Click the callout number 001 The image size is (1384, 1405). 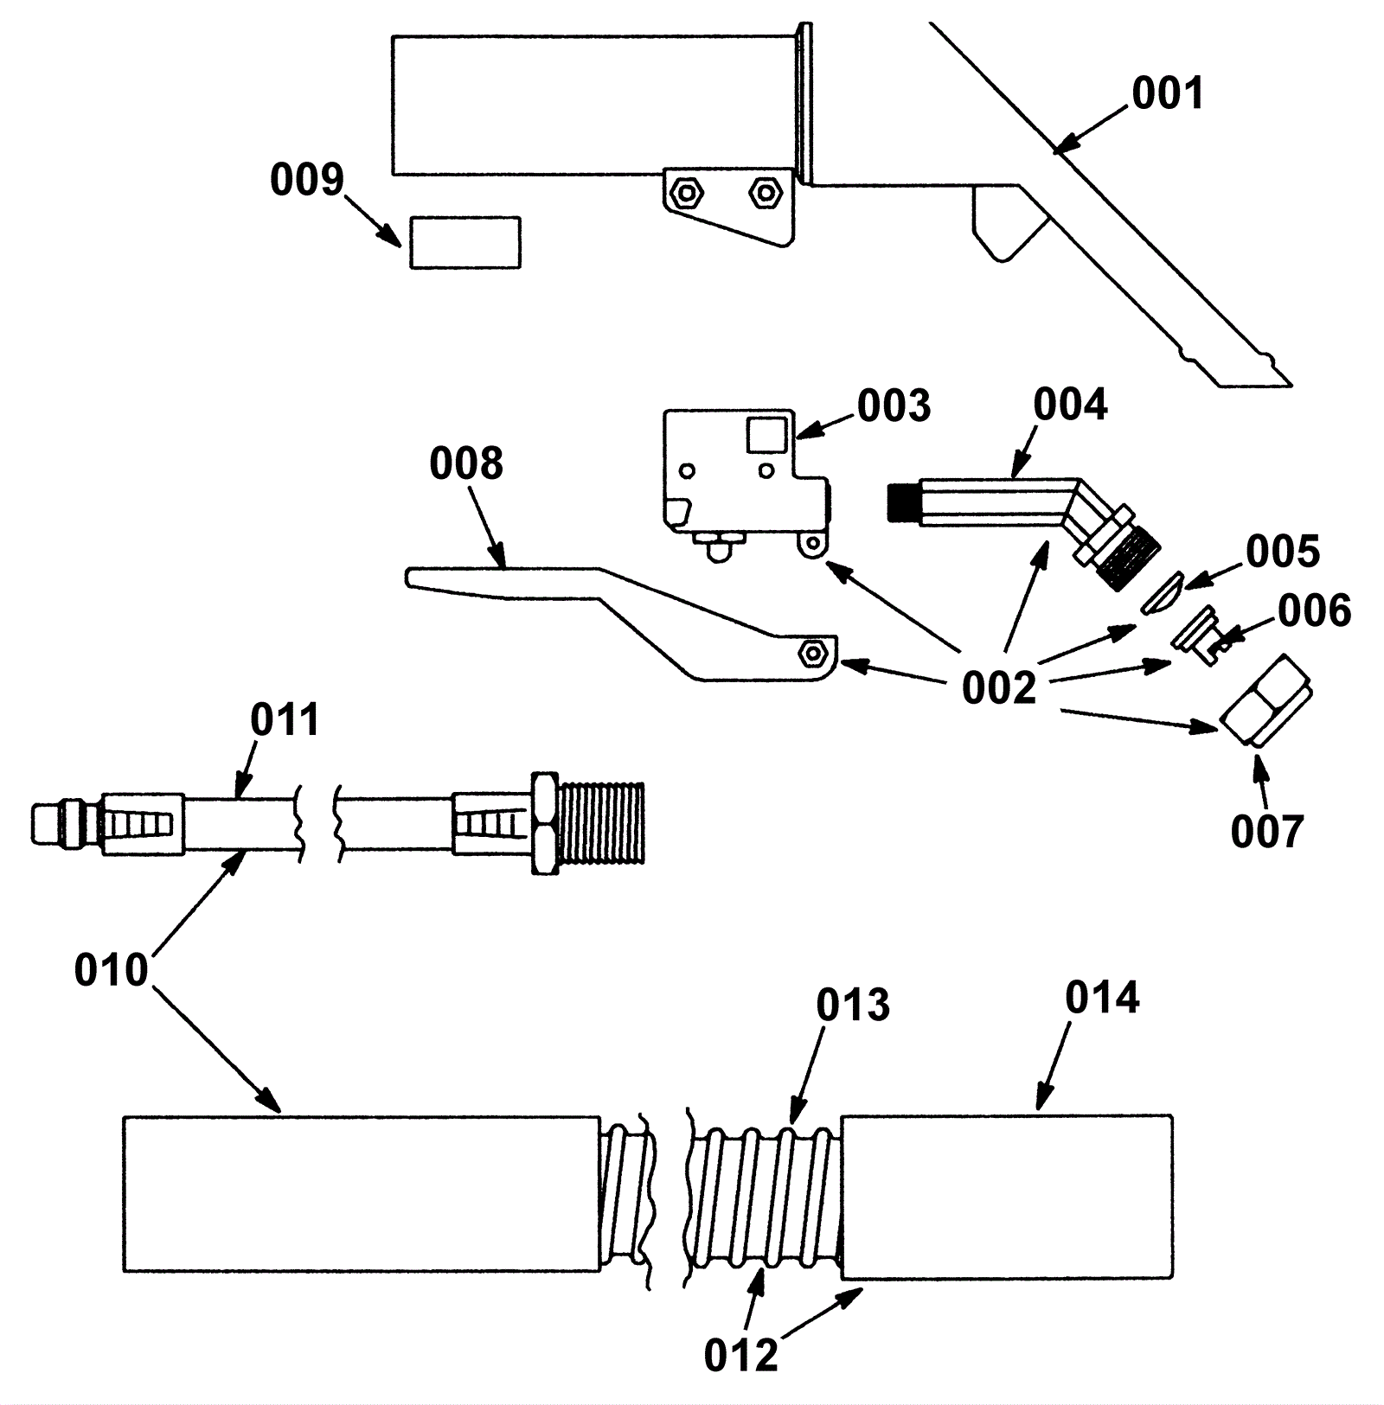(1168, 93)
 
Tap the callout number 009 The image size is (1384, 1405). (307, 179)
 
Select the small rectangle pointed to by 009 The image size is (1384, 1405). (465, 243)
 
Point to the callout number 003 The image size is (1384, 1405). (894, 406)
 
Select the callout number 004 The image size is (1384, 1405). (1071, 405)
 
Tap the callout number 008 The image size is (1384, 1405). (466, 463)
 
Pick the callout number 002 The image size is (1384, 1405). (999, 688)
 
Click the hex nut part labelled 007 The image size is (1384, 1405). (1266, 699)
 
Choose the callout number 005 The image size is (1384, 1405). (1283, 552)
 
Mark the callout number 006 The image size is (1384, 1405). (1315, 611)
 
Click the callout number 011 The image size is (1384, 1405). (285, 719)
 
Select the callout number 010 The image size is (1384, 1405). (112, 970)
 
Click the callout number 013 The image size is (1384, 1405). (853, 1006)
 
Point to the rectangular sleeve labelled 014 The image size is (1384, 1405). (1007, 1197)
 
